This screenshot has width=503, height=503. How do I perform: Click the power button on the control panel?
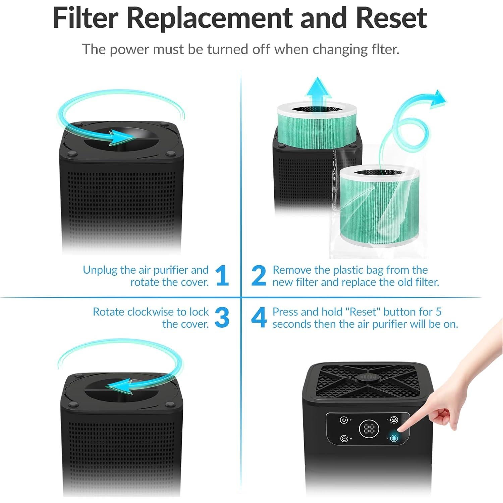(344, 420)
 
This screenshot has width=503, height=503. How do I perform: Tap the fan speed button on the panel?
(394, 420)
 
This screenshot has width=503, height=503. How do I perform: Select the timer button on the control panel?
(344, 438)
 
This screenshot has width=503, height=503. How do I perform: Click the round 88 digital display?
(369, 429)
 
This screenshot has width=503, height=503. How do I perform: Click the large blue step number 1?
(222, 276)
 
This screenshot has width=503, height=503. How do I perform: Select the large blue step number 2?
(259, 276)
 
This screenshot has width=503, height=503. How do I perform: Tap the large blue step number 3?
(222, 318)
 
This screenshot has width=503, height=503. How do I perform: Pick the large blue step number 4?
(259, 318)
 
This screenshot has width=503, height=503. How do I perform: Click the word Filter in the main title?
(85, 18)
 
